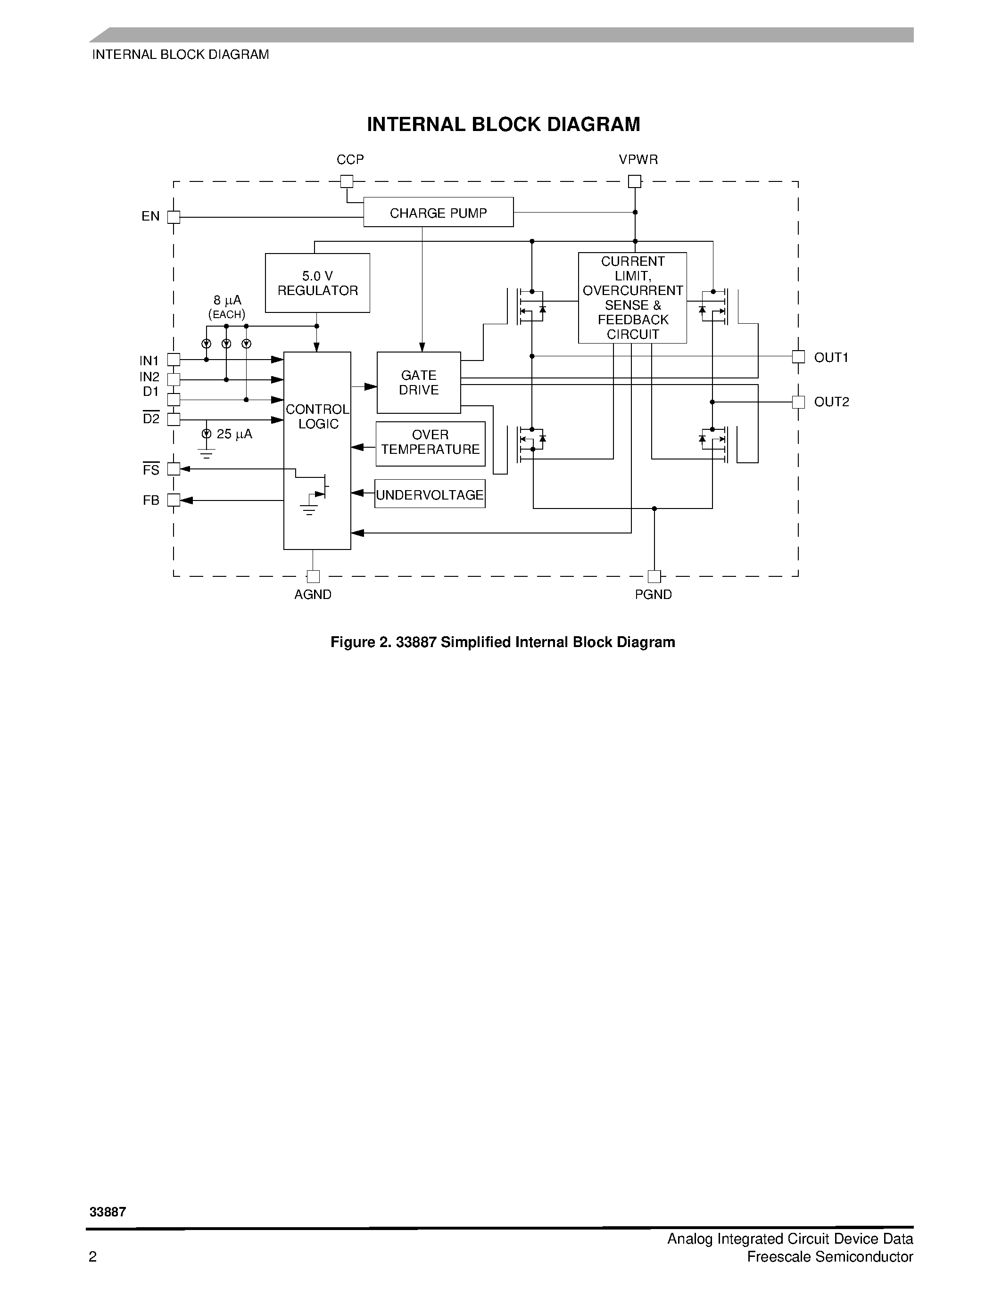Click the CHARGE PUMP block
(x=438, y=213)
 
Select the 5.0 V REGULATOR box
(x=318, y=283)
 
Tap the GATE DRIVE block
(x=419, y=383)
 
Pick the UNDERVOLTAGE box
(x=430, y=494)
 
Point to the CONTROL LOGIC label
(x=318, y=417)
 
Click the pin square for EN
(x=174, y=217)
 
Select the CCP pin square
(x=347, y=181)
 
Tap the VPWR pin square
(x=635, y=181)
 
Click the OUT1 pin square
(x=798, y=357)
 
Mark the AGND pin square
(x=313, y=576)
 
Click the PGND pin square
(x=654, y=576)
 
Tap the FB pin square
(x=174, y=500)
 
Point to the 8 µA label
(x=227, y=300)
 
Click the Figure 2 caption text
(x=502, y=642)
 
